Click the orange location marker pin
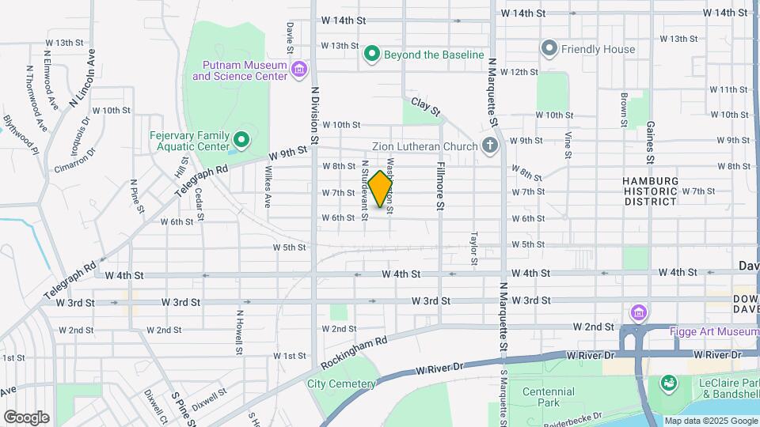coord(381,188)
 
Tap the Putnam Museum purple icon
coord(298,70)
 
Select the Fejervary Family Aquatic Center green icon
coord(241,141)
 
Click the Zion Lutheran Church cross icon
coord(490,145)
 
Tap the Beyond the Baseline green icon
coord(372,55)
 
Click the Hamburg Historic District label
coord(649,191)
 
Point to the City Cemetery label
coord(340,384)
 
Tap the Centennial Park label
coord(549,397)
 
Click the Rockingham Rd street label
coord(355,353)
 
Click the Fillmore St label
coord(440,184)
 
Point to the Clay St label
coord(425,108)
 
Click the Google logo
coord(26,418)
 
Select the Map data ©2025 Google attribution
coord(710,421)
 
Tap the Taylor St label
coord(474,248)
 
